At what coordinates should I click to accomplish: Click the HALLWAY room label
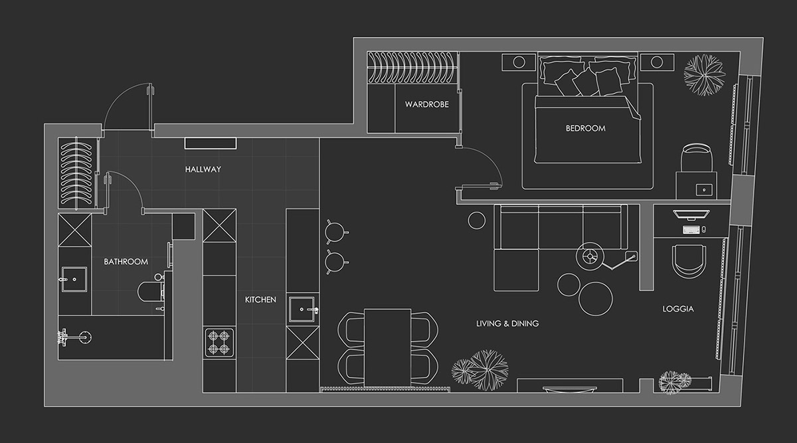coord(203,169)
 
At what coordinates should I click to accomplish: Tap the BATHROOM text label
coord(126,262)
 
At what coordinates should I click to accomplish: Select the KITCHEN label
coord(260,300)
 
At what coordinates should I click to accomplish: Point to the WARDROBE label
coord(426,104)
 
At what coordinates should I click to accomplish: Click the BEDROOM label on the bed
coord(586,128)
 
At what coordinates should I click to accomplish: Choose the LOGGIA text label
coord(678,309)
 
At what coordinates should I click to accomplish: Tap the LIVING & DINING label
coord(507,323)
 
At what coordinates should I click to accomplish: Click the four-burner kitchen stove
coord(219,343)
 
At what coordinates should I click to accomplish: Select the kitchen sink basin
coord(302,310)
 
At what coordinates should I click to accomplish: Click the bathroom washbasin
coord(74,280)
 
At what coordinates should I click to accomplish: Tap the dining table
coord(387,347)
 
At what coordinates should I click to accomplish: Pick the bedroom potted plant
coord(705,75)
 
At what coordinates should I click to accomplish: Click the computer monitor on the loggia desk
coord(691,215)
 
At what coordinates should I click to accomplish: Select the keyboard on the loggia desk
coord(691,230)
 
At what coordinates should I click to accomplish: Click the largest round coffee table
coord(595,299)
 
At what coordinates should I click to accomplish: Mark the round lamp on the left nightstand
coord(519,62)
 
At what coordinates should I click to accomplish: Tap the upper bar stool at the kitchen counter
coord(335,232)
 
